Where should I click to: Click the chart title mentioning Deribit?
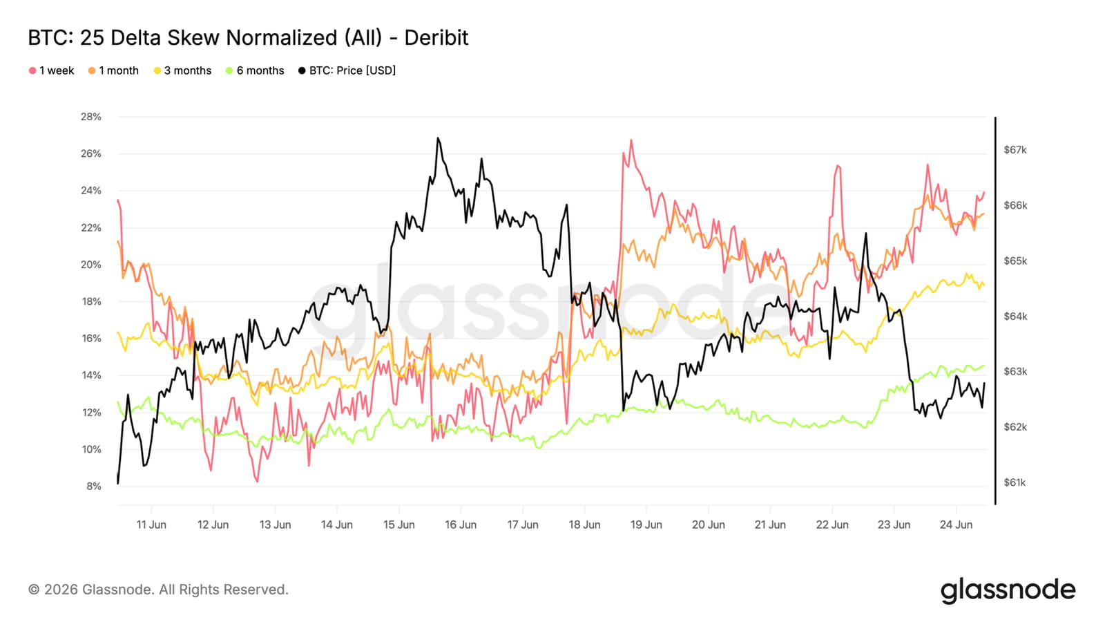pyautogui.click(x=248, y=37)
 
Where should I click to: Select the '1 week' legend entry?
pyautogui.click(x=52, y=70)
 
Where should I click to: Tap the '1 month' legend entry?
pyautogui.click(x=113, y=70)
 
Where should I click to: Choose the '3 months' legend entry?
pyautogui.click(x=182, y=70)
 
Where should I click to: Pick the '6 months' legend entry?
pyautogui.click(x=255, y=70)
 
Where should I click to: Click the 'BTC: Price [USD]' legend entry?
pyautogui.click(x=347, y=70)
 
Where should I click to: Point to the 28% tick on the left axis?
pyautogui.click(x=90, y=117)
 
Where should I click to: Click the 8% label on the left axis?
pyautogui.click(x=94, y=487)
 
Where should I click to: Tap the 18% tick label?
pyautogui.click(x=90, y=301)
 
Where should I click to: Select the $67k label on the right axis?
pyautogui.click(x=1015, y=150)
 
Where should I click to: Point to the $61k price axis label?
pyautogui.click(x=1015, y=482)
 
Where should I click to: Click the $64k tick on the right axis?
pyautogui.click(x=1015, y=317)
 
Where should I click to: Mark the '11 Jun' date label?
pyautogui.click(x=151, y=525)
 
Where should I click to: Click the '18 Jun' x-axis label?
pyautogui.click(x=584, y=525)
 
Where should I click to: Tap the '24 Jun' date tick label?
pyautogui.click(x=956, y=525)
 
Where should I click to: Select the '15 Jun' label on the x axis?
pyautogui.click(x=398, y=525)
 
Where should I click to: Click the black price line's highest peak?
pyautogui.click(x=438, y=138)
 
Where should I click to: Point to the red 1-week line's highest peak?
pyautogui.click(x=631, y=140)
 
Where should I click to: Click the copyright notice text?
pyautogui.click(x=158, y=590)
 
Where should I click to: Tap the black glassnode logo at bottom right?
pyautogui.click(x=1008, y=590)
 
